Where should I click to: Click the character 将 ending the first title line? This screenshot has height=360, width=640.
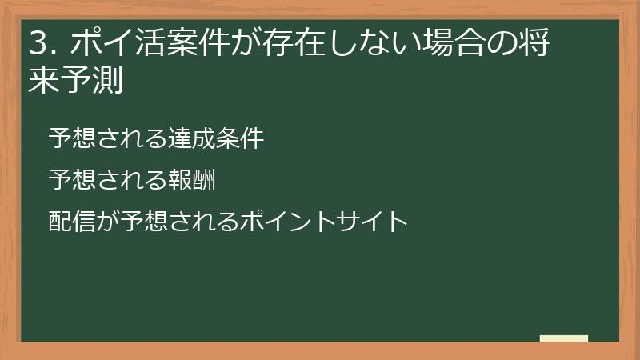538,45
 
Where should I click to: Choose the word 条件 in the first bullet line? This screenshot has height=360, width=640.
240,138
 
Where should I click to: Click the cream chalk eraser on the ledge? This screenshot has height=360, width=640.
564,338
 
